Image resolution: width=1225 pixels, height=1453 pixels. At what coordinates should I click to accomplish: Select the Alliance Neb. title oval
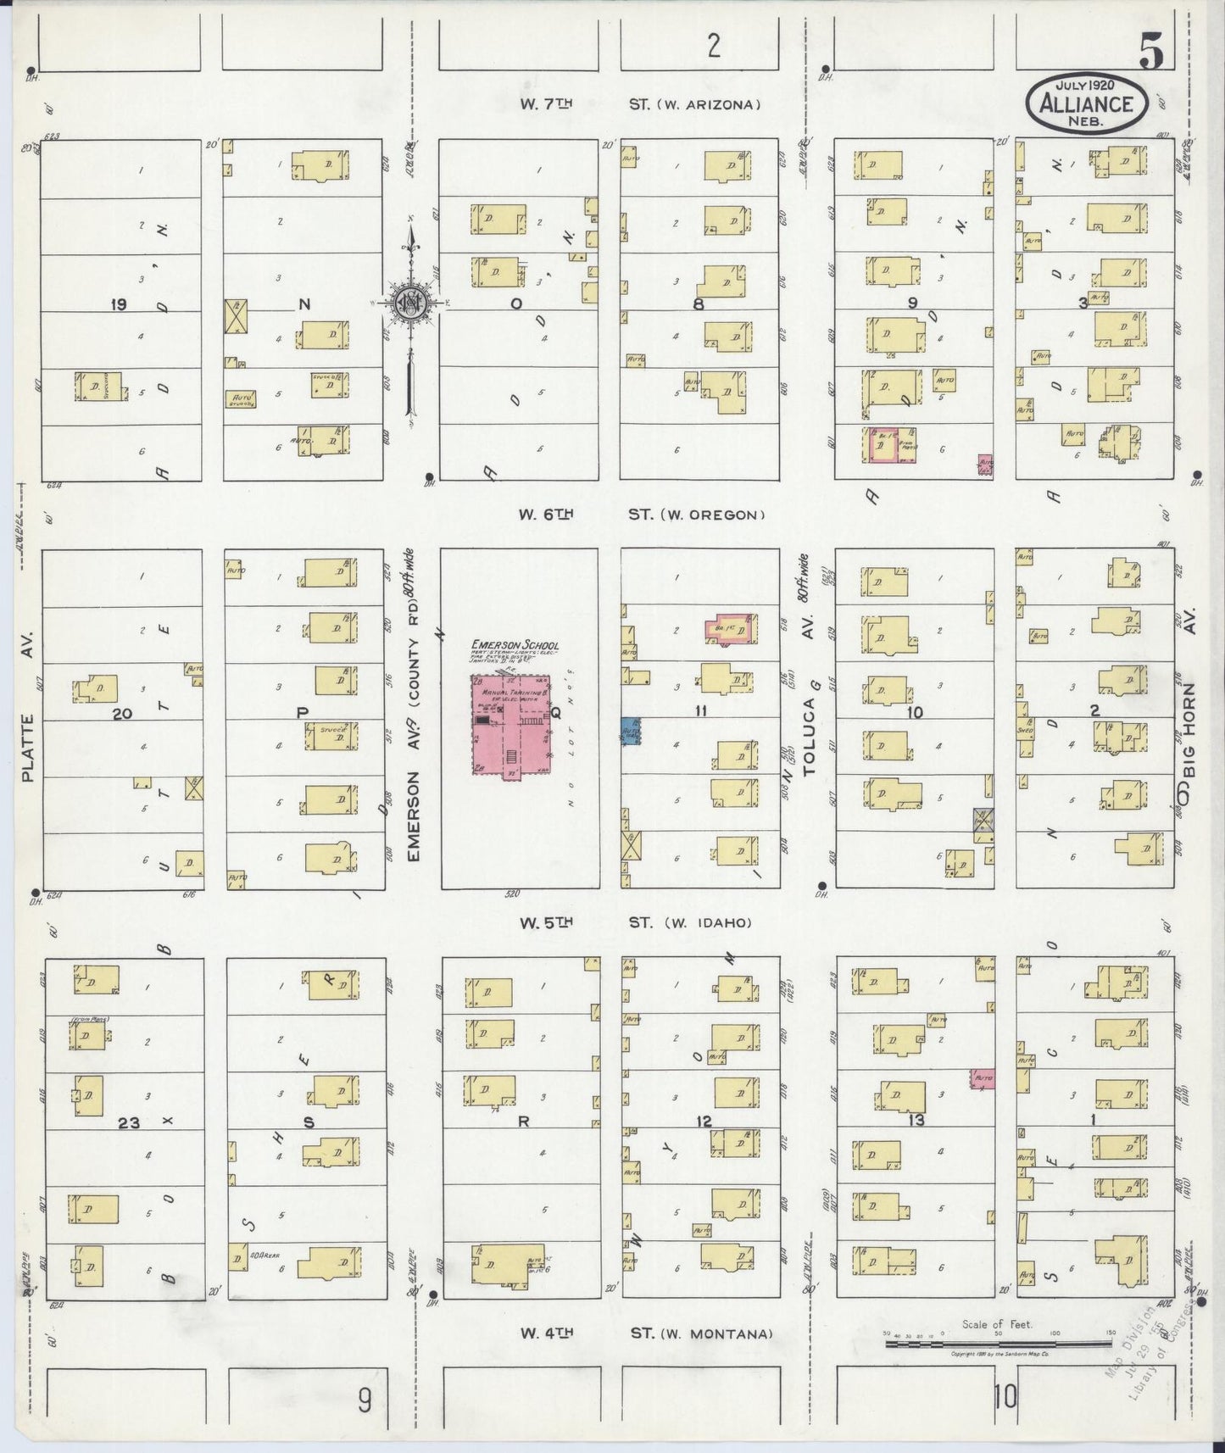1087,103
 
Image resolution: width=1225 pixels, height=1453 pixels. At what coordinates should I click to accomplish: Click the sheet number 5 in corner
1150,53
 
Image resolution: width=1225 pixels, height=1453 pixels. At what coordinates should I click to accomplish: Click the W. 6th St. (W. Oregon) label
642,514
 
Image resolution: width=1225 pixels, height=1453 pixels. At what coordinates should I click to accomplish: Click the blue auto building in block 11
631,730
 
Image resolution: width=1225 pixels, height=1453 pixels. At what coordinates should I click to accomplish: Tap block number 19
118,304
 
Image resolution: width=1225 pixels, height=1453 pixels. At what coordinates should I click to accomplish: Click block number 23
129,1122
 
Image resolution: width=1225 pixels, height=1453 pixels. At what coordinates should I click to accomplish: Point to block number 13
916,1121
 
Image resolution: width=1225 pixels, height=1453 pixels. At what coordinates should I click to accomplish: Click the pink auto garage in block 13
983,1079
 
